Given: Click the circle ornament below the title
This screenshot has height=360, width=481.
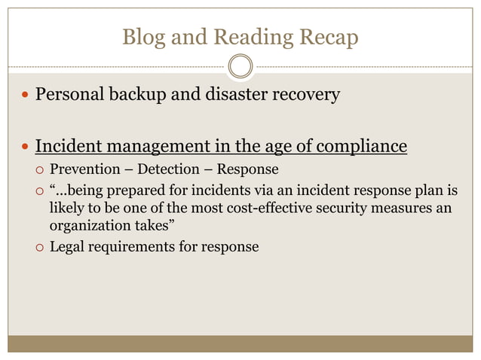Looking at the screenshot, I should tap(240, 67).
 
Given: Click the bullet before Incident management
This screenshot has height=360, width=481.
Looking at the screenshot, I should tap(26, 145).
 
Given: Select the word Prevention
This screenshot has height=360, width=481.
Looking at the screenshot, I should tap(84, 169).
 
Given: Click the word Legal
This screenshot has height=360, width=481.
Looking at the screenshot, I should tap(66, 246).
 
